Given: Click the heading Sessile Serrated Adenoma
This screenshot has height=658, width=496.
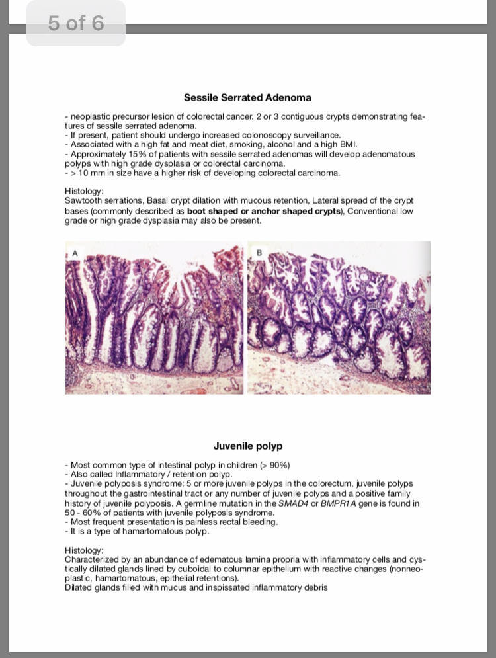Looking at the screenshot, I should [247, 97].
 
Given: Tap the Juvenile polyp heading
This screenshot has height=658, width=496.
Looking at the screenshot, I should [247, 446].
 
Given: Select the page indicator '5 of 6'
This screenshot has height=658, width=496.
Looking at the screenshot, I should [75, 24].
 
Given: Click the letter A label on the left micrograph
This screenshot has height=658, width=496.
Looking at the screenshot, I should [75, 253].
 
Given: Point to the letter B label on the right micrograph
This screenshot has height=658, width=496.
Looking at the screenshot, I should [259, 252].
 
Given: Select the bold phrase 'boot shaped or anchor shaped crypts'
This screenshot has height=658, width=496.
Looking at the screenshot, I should [265, 211].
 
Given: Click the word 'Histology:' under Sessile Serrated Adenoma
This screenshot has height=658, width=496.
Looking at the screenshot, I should [84, 191].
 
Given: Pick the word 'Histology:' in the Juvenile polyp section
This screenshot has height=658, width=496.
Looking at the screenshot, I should [84, 550].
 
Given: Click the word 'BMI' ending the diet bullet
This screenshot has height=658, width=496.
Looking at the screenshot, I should [347, 144].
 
